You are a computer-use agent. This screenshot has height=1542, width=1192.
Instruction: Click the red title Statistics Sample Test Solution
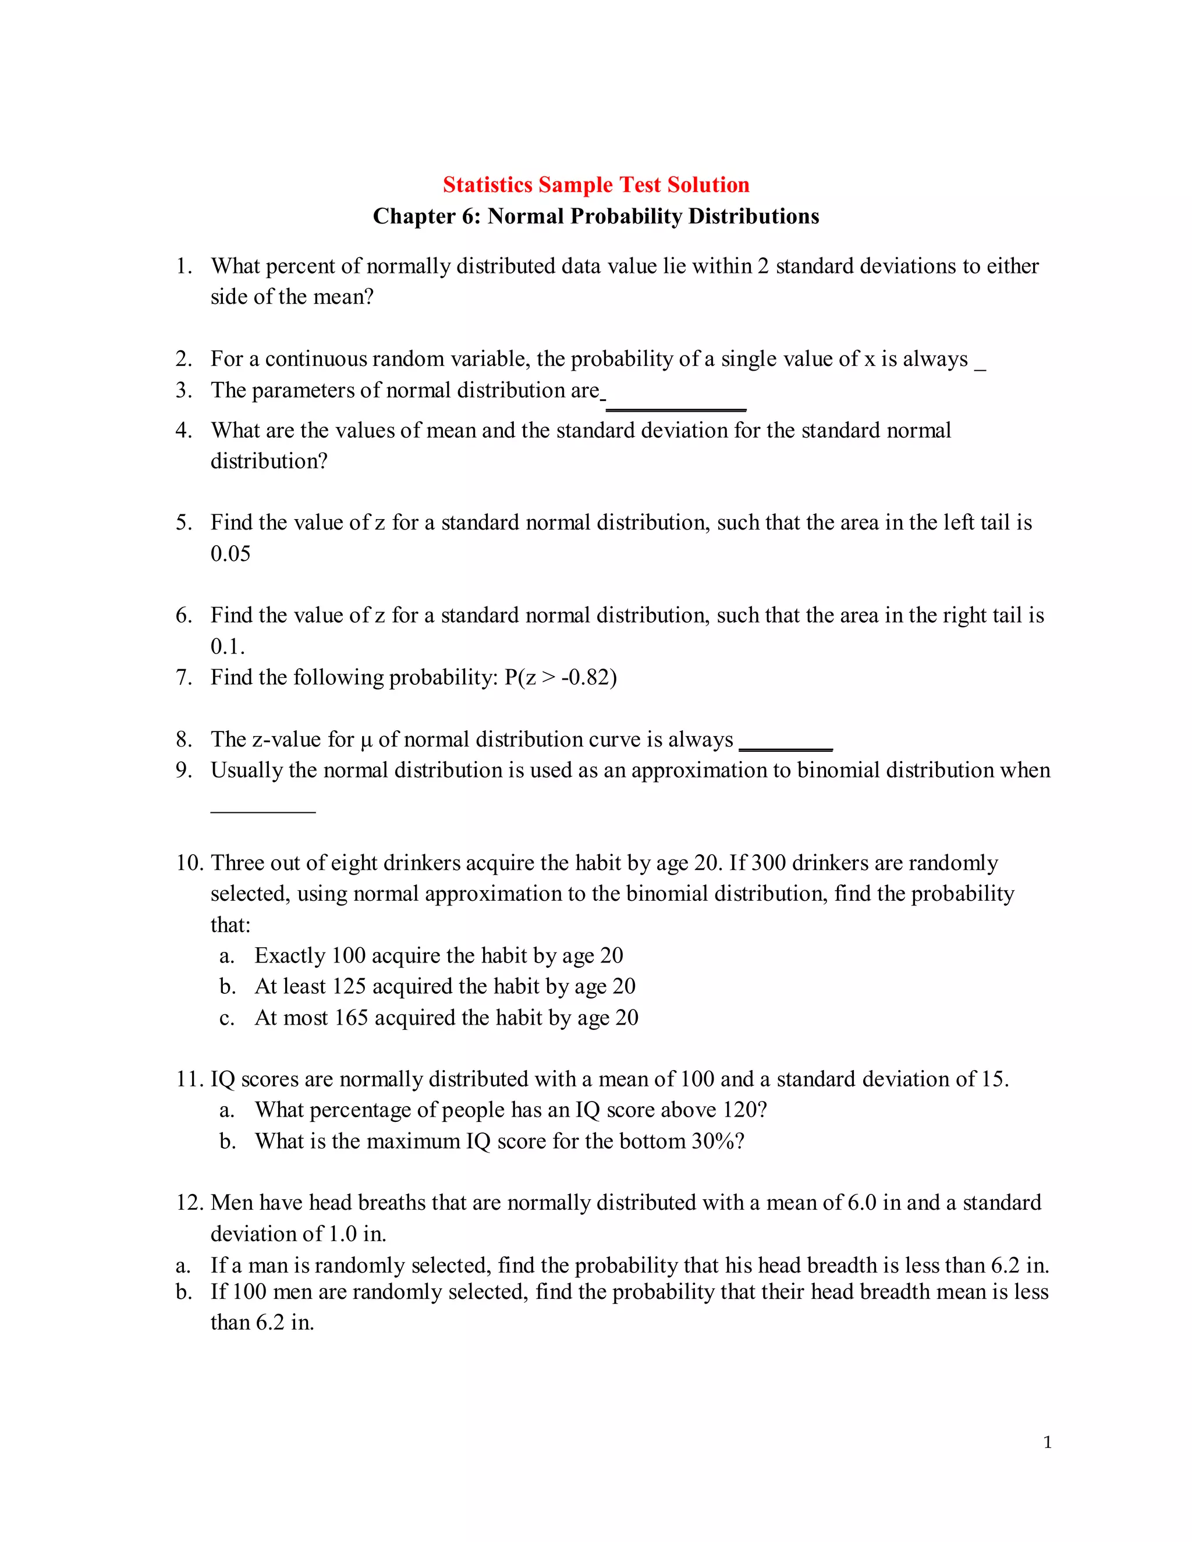pos(595,184)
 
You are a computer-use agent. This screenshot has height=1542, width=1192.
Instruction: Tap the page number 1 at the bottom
pos(1047,1442)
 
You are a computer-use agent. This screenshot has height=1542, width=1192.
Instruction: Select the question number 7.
pos(183,677)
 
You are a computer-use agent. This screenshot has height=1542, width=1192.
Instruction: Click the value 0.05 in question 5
pos(230,553)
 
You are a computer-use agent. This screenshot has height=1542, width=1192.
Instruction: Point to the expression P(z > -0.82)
pos(560,677)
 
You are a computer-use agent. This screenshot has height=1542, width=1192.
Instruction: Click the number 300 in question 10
pos(768,863)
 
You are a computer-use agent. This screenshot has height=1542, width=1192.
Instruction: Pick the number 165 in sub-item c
pos(351,1017)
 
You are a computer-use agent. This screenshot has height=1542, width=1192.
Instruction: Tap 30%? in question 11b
pos(718,1141)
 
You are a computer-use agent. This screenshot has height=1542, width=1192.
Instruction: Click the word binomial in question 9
pos(838,770)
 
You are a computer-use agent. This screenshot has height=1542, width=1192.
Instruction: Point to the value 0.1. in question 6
pos(228,646)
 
